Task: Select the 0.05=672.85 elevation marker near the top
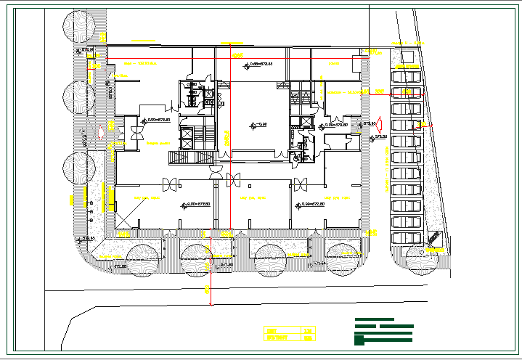click(x=263, y=65)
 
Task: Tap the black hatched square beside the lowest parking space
click(x=433, y=237)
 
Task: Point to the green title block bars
click(x=383, y=331)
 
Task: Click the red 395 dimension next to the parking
click(x=380, y=91)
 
